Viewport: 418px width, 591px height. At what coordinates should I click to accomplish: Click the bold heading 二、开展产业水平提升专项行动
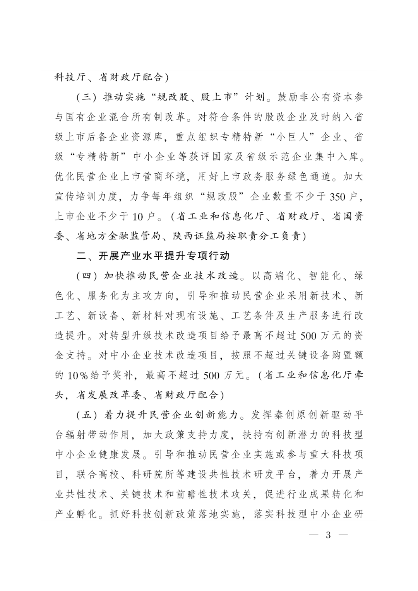coord(153,256)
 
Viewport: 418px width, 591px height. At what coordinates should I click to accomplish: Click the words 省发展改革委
coord(110,395)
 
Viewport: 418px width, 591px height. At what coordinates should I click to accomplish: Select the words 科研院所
coord(154,475)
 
